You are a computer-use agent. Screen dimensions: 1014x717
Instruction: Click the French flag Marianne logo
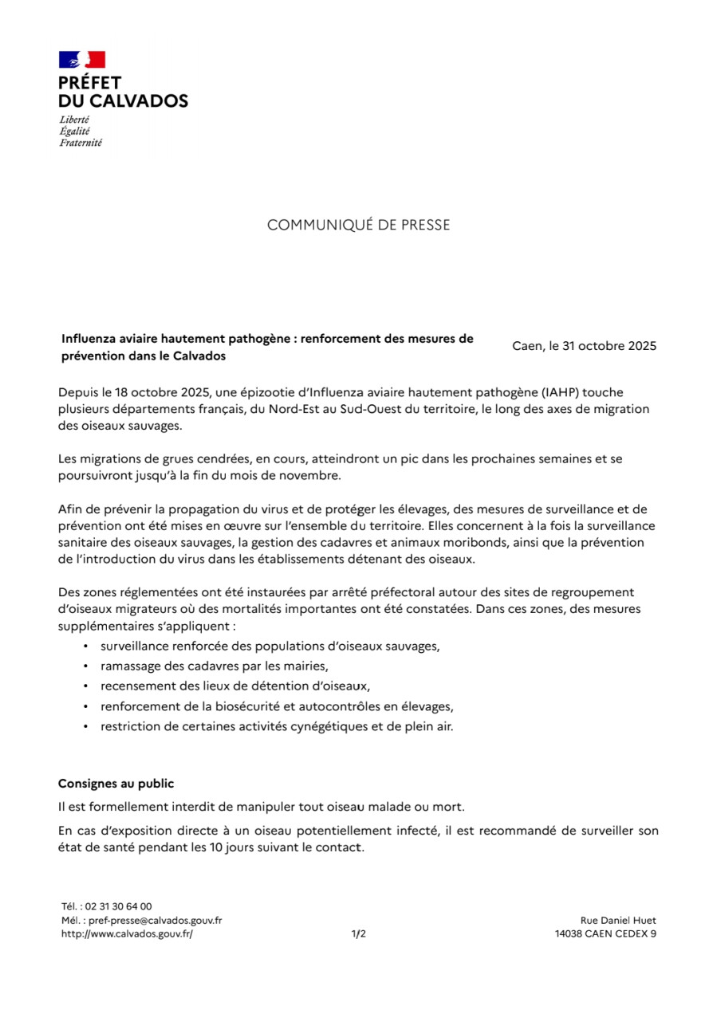click(81, 60)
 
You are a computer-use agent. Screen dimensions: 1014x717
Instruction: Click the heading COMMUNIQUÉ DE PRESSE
click(358, 226)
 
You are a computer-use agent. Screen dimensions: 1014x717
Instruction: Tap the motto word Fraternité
click(81, 143)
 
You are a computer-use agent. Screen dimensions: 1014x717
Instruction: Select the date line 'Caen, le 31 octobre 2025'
click(584, 346)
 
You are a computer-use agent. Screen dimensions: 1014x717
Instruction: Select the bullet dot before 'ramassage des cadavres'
click(85, 665)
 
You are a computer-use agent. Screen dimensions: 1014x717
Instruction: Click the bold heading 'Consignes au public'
click(116, 784)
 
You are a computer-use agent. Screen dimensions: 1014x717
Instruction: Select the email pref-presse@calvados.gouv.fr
click(155, 920)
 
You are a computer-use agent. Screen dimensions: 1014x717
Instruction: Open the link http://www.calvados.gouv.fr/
click(127, 934)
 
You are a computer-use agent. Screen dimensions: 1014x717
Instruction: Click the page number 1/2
click(358, 934)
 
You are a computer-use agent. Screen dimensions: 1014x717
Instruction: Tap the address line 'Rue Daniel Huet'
click(618, 920)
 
